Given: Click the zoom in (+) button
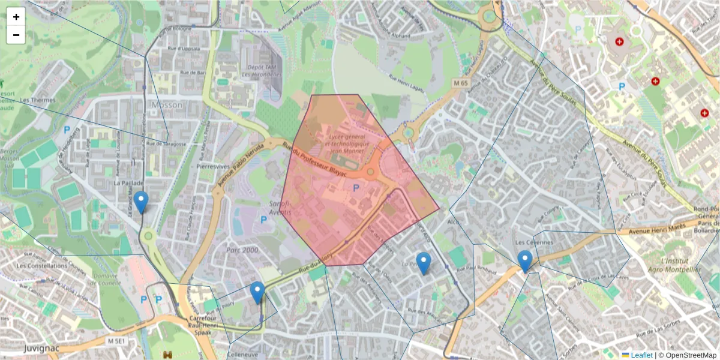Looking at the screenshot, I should click(16, 17).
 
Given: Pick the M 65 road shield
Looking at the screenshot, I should click(461, 82).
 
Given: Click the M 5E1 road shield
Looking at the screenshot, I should click(118, 341).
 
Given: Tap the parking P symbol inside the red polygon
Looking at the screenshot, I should click(356, 188).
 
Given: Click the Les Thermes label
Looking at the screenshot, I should click(37, 100).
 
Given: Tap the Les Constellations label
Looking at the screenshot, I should click(42, 265).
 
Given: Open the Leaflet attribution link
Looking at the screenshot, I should click(641, 355).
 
